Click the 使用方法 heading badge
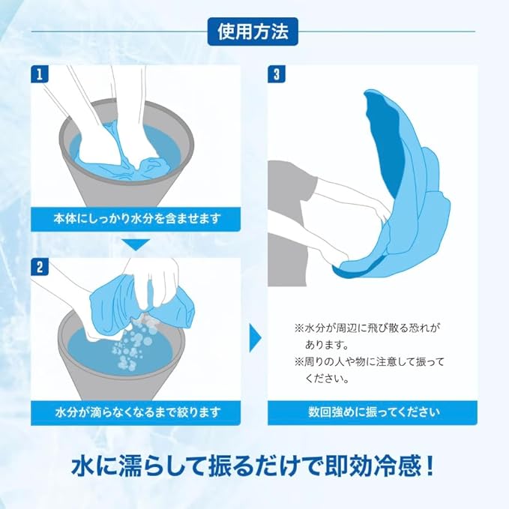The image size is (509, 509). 253,31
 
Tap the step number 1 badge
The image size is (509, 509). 40,74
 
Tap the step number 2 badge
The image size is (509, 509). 40,267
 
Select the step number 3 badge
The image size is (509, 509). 277,74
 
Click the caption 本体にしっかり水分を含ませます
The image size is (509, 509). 137,218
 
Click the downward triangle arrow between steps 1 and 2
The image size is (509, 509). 136,244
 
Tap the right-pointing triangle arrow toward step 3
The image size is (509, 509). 255,338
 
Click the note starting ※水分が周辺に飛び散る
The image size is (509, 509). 367,336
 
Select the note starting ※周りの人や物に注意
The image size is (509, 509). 369,370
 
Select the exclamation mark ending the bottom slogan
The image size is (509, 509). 429,466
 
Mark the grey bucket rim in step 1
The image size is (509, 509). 127,110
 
